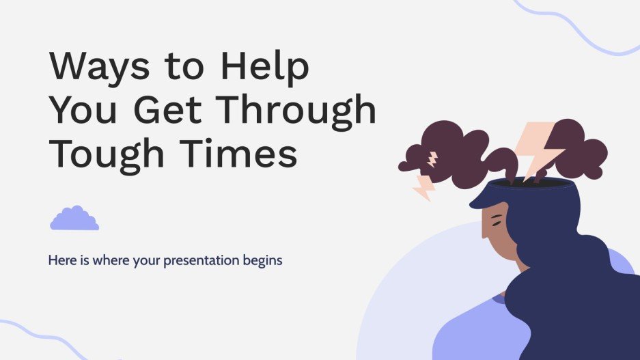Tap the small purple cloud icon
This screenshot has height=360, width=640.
click(x=74, y=218)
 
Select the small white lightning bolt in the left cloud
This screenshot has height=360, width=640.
click(x=432, y=160)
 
